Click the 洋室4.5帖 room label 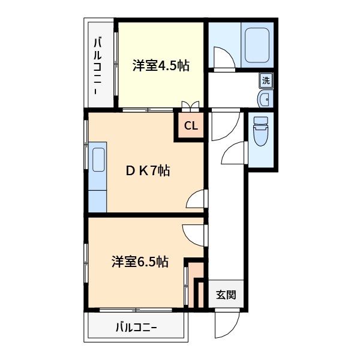coord(161,65)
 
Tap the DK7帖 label coord(148,171)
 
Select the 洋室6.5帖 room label coord(139,262)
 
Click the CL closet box coord(190,126)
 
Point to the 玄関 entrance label coord(226,295)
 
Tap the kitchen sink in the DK coord(98,160)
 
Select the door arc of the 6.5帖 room coord(193,232)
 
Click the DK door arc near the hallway coord(196,200)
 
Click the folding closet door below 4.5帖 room coord(191,107)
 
